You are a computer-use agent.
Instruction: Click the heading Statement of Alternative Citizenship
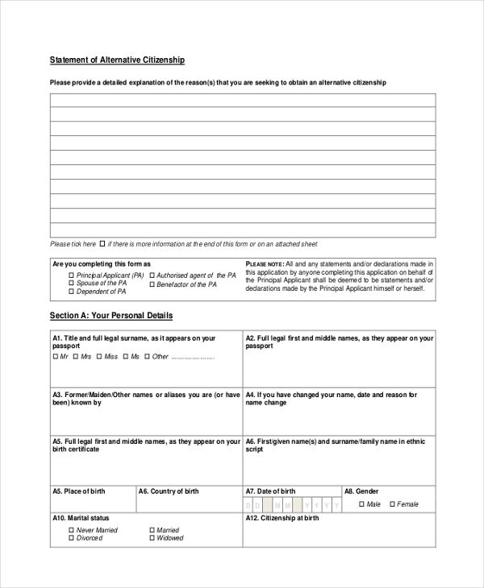coord(118,60)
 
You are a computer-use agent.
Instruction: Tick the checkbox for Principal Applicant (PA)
coord(71,275)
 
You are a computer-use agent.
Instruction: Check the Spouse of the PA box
coord(71,284)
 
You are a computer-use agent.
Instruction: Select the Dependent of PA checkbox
coord(71,292)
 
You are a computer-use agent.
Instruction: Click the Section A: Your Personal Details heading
coord(111,316)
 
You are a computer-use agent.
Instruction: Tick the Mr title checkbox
coord(55,356)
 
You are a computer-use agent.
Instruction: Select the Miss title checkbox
coord(98,356)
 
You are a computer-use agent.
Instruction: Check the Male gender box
coord(361,504)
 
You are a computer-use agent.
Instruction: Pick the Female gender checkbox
coord(392,504)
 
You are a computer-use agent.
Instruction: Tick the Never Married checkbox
coord(71,530)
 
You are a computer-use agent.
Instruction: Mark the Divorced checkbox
coord(71,538)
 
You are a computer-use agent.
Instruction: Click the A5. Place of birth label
coord(79,491)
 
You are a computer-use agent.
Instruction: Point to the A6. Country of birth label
coord(169,491)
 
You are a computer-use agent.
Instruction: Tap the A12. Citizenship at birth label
coord(282,519)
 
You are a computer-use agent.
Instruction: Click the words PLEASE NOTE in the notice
coord(264,264)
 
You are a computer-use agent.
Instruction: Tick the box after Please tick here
coord(102,243)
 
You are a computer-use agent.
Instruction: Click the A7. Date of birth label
coord(271,491)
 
